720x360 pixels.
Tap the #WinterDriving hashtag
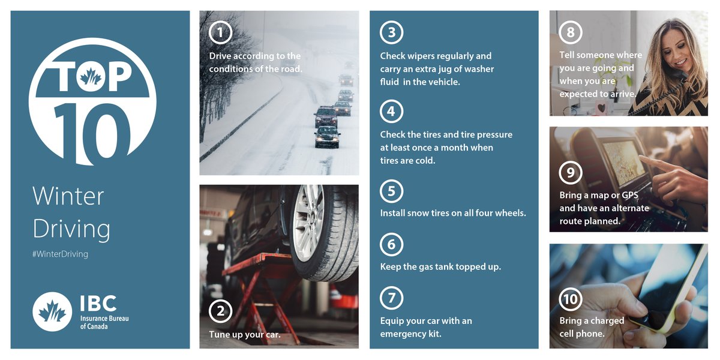click(60, 254)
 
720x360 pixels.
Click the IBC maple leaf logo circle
click(52, 311)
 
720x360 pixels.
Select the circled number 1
click(220, 32)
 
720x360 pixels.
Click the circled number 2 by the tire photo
click(220, 311)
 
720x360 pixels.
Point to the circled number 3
click(391, 32)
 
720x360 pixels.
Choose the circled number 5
click(391, 191)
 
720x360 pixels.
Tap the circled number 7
click(391, 298)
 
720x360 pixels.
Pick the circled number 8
click(570, 32)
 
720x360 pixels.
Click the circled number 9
click(570, 173)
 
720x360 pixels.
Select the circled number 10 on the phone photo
click(570, 299)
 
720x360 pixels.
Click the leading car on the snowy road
click(327, 136)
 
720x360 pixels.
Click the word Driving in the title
click(71, 229)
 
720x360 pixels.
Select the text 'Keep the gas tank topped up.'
click(440, 266)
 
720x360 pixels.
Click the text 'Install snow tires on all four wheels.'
click(453, 213)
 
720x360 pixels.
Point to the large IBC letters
click(98, 303)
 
